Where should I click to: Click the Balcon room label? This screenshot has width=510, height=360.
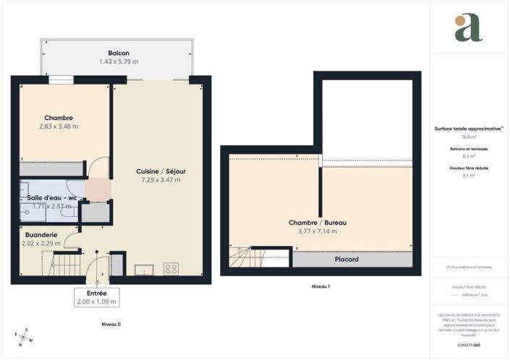click(x=119, y=53)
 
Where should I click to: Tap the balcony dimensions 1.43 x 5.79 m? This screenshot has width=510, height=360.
click(x=119, y=62)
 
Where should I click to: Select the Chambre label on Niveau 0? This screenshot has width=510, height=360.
click(x=59, y=118)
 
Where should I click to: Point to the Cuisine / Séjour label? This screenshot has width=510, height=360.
click(x=161, y=171)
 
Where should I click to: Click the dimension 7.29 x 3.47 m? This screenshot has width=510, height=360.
click(x=161, y=180)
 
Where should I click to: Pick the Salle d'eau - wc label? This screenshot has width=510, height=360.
click(x=52, y=197)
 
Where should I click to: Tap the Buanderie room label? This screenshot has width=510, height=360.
click(x=41, y=236)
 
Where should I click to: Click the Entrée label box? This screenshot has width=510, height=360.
click(x=96, y=297)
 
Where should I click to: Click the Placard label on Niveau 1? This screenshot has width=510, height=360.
click(x=347, y=259)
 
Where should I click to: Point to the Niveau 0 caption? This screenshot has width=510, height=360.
click(x=111, y=325)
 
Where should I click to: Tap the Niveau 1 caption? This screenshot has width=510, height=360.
click(x=320, y=287)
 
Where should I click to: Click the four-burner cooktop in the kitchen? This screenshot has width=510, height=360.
click(x=171, y=268)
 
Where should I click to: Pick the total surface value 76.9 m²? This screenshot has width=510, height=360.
click(x=468, y=137)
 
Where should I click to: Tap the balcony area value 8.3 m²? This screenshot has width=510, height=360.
click(x=468, y=155)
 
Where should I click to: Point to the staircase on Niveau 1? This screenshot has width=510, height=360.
click(x=242, y=257)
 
